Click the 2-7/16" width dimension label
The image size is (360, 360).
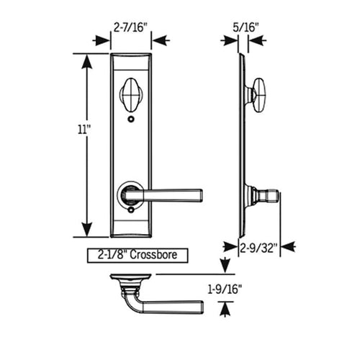point(130,27)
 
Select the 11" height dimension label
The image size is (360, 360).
point(87,130)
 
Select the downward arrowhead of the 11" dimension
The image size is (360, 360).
point(87,229)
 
